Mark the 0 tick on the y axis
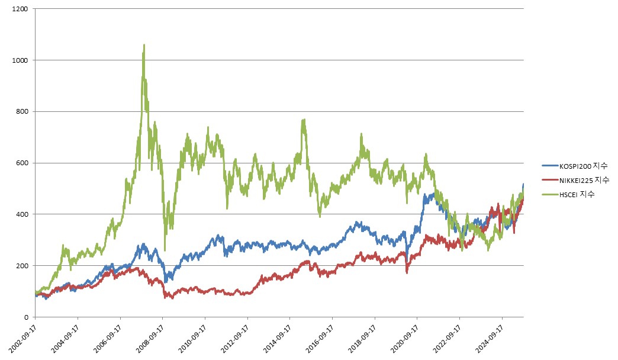click(x=27, y=317)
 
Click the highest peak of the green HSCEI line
click(x=144, y=45)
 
